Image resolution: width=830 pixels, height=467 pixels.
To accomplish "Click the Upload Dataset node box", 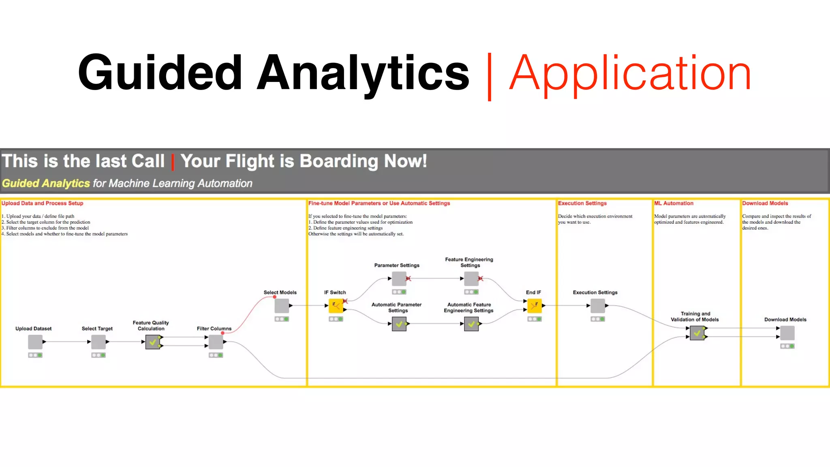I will (35, 342).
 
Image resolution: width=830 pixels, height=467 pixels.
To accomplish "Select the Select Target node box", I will (98, 342).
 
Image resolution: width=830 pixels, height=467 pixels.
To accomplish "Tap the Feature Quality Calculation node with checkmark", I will (153, 342).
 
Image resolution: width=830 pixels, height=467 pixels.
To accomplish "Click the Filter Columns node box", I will (216, 342).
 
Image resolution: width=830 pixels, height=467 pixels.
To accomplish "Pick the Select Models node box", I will (282, 306).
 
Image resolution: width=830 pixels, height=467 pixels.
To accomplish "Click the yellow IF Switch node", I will (336, 306).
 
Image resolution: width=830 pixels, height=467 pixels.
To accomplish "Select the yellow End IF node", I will (534, 306).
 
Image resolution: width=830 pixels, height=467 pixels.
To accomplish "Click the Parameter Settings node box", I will (399, 278).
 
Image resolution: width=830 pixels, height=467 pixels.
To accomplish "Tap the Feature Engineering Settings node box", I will (471, 278).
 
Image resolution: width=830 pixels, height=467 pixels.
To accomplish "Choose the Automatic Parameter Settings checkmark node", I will (399, 324).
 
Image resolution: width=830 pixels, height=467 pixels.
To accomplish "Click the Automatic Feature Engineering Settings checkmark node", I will (471, 324).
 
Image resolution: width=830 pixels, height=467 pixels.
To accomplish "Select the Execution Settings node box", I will (598, 306).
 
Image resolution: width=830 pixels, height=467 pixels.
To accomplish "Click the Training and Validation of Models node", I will (697, 333).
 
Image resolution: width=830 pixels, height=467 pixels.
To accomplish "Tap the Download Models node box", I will (787, 333).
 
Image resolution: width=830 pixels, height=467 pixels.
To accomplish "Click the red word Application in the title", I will (630, 74).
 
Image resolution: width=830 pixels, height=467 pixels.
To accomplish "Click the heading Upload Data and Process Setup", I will (43, 203).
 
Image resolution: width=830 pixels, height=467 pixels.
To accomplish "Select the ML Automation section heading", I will (674, 203).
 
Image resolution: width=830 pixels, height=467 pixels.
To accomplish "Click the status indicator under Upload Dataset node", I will (35, 355).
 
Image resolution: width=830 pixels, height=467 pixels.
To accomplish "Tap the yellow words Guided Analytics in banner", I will (46, 184).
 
